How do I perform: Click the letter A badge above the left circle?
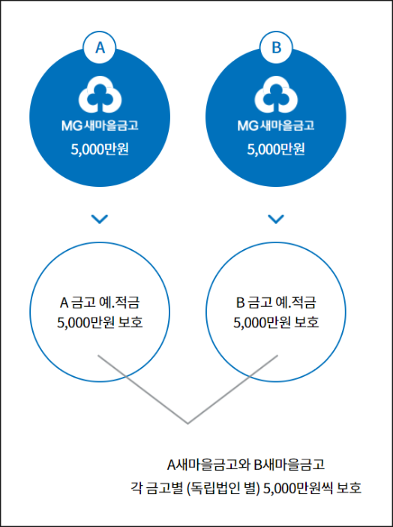coord(100,48)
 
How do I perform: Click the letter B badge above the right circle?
coord(276,48)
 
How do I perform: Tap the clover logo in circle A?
coord(100,95)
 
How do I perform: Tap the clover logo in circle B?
coord(276,95)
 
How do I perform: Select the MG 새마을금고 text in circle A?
coord(100,125)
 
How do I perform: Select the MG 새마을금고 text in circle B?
coord(276,125)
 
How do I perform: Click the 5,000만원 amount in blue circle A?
coord(100,149)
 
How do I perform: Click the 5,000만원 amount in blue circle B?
coord(276,149)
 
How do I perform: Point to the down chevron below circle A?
coord(100,219)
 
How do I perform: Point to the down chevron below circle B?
coord(276,219)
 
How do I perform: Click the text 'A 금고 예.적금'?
coord(100,303)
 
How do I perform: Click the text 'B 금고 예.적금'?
coord(276,303)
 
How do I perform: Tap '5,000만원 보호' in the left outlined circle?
coord(100,322)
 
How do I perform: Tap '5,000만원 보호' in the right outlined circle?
coord(276,322)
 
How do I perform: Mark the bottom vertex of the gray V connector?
coord(187,423)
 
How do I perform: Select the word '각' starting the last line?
coord(136,488)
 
